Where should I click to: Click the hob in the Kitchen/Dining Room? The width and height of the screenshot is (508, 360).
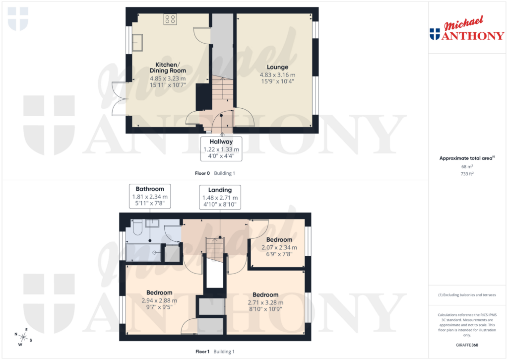pos(170,19)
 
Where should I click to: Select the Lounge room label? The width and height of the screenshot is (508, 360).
pos(277,67)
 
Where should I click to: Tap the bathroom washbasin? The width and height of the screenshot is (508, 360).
pos(152,223)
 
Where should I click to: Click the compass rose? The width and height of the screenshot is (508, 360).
pos(23,337)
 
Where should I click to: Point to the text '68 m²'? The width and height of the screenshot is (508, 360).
pos(466,166)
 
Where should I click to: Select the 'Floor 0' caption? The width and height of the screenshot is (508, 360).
pos(202,173)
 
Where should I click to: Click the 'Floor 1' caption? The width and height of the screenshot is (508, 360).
pos(202,352)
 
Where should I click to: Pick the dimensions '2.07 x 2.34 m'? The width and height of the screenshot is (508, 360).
pos(279,247)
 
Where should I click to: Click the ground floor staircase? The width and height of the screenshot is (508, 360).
pos(222,89)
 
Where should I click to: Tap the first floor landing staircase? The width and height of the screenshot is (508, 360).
pos(215,246)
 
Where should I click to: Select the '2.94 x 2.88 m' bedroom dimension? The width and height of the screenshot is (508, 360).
pos(159,300)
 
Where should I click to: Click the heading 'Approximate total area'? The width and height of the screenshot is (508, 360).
pos(465,158)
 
